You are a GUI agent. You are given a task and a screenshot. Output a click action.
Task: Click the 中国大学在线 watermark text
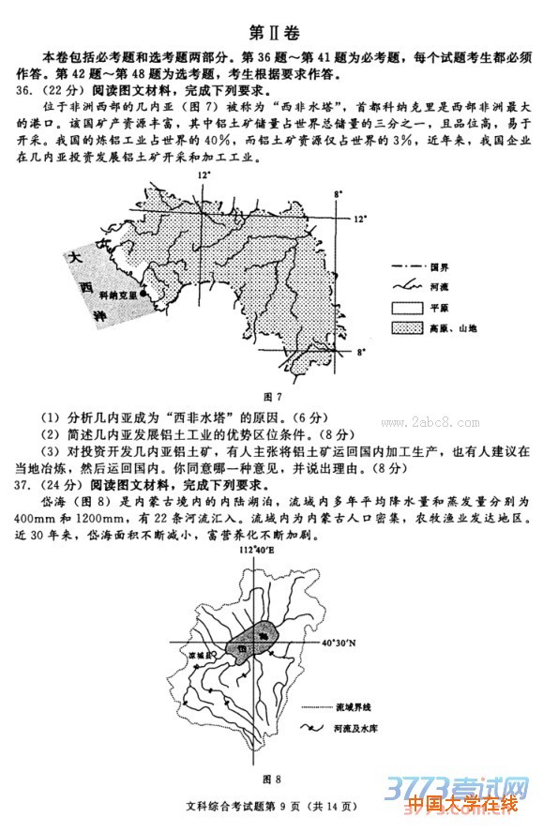pyautogui.click(x=461, y=805)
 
